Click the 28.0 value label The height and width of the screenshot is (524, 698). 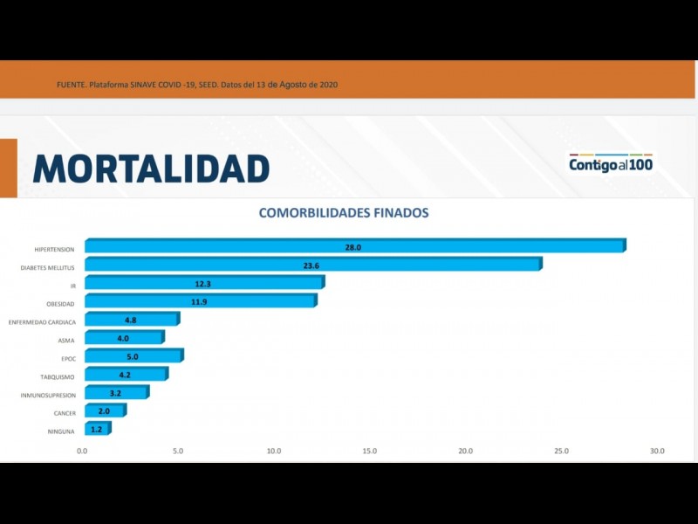352,247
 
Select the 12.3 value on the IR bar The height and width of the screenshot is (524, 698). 202,283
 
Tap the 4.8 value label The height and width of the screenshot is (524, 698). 132,320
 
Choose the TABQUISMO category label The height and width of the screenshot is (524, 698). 58,377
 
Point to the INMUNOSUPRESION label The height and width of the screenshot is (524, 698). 48,396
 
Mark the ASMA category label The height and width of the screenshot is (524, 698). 66,341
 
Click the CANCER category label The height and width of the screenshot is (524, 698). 64,413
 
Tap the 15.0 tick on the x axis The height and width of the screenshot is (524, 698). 369,452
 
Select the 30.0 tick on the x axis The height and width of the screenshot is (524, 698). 656,452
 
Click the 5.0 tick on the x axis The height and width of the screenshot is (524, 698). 178,452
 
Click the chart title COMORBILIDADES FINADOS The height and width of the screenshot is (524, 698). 343,212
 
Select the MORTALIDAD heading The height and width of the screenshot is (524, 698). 151,168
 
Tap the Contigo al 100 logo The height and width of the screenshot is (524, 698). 611,163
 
